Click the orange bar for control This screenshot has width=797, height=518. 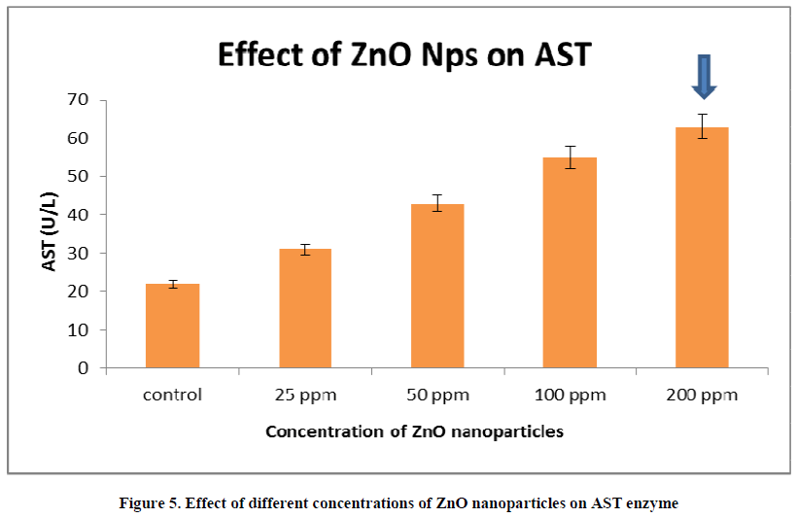tap(172, 326)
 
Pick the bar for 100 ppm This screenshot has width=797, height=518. tap(570, 262)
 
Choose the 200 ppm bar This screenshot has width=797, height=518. tap(703, 248)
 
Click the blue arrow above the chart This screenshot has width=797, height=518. tap(704, 77)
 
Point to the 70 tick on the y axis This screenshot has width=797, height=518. tap(77, 99)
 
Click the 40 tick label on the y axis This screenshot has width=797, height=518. tap(77, 215)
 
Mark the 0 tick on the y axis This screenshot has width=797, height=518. tap(83, 368)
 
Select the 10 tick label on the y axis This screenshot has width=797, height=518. tap(77, 330)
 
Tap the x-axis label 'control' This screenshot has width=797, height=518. tap(172, 396)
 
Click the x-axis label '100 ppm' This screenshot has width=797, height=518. tap(570, 396)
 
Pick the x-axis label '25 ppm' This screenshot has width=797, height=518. tap(304, 396)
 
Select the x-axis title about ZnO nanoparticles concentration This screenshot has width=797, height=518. tap(414, 432)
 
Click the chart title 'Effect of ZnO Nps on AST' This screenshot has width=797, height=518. tap(403, 53)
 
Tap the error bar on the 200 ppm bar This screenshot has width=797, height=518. tap(703, 126)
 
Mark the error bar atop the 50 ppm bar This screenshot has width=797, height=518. tap(437, 203)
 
